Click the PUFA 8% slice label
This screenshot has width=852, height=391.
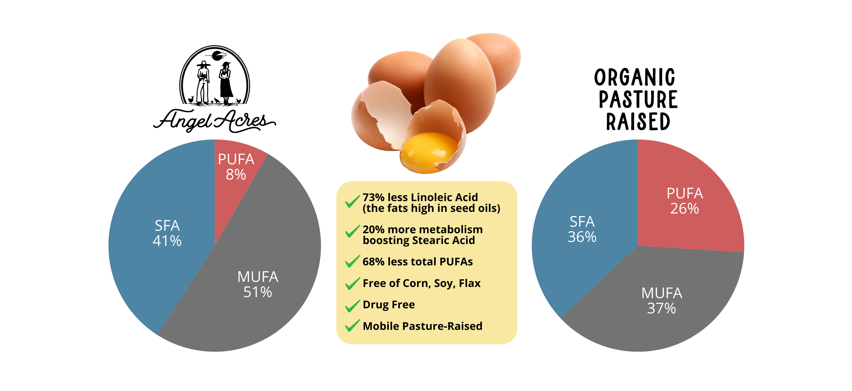pyautogui.click(x=236, y=167)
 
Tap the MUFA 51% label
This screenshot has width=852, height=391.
pyautogui.click(x=258, y=284)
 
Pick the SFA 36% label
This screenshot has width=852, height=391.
pyautogui.click(x=582, y=229)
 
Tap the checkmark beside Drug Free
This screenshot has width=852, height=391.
pyautogui.click(x=352, y=305)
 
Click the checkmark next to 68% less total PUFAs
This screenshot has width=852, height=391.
pyautogui.click(x=352, y=261)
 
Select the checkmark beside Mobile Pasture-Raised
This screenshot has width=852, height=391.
pyautogui.click(x=352, y=326)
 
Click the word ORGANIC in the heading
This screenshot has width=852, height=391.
pyautogui.click(x=634, y=78)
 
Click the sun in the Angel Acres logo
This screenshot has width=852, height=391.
pyautogui.click(x=217, y=56)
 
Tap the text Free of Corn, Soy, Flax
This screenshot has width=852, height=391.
pyautogui.click(x=421, y=283)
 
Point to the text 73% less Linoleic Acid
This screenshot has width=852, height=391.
pyautogui.click(x=420, y=197)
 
